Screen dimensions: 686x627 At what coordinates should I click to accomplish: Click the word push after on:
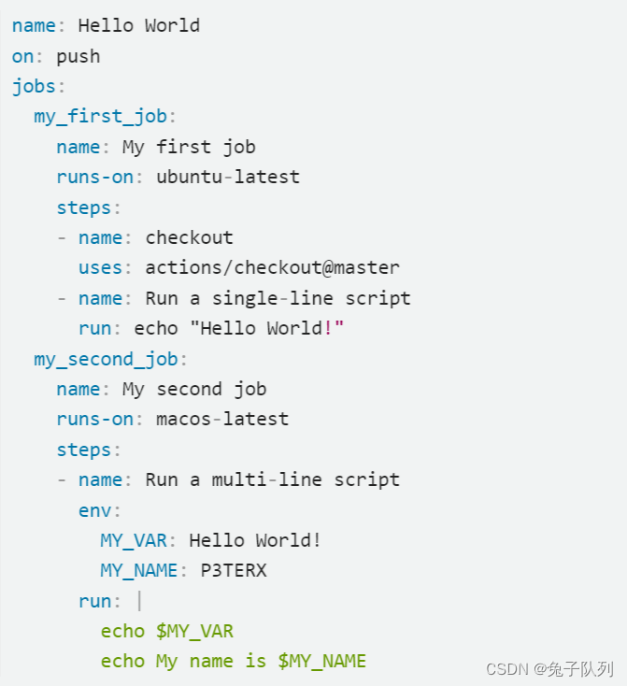[78, 56]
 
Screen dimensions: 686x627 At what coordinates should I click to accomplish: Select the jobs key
[34, 87]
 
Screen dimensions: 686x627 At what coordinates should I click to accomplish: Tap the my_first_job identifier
[100, 117]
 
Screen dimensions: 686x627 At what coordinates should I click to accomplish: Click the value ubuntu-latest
[228, 177]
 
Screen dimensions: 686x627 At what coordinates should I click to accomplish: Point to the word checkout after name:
[189, 237]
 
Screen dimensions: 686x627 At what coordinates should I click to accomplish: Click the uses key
[100, 267]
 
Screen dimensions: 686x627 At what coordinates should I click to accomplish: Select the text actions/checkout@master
[272, 267]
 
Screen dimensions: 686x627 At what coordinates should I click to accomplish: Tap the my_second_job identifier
[106, 359]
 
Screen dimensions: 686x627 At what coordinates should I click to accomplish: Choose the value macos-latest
[222, 419]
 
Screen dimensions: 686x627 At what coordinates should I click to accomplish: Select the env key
[94, 510]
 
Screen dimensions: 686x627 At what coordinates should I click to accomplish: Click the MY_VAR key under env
[133, 540]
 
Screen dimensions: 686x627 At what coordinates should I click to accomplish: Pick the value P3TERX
[234, 570]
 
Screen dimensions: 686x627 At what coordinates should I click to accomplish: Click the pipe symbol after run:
[138, 601]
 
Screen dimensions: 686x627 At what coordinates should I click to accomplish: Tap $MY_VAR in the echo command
[194, 631]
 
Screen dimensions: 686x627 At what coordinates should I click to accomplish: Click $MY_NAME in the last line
[321, 661]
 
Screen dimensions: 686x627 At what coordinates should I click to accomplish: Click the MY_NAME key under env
[138, 570]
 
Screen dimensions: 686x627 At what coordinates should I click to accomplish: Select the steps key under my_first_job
[83, 207]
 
